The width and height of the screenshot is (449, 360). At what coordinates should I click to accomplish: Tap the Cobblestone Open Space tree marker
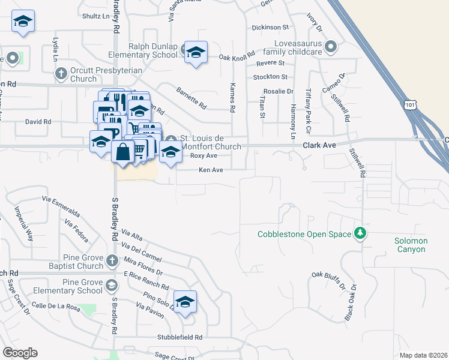click(360, 233)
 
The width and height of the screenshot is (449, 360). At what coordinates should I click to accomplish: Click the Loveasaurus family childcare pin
click(330, 46)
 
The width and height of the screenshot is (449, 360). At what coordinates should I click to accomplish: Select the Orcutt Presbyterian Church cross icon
click(61, 74)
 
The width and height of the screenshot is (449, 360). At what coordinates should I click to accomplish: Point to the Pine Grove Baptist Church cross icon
click(112, 260)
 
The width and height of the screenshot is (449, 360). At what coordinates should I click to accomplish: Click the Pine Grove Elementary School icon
click(111, 285)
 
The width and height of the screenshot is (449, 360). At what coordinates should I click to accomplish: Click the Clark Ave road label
click(318, 145)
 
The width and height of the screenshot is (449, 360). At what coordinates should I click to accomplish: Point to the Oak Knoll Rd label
click(237, 57)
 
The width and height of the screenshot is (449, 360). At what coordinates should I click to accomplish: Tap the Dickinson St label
click(270, 27)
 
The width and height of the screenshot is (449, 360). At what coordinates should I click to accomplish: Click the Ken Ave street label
click(211, 170)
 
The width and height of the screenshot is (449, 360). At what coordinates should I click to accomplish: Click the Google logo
click(20, 353)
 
